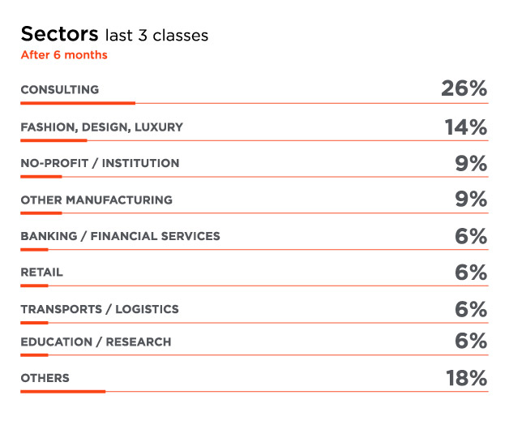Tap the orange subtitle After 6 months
click(64, 55)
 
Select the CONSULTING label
click(59, 90)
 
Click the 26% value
click(464, 89)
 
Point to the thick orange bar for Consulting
click(78, 103)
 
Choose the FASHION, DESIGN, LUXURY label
click(101, 127)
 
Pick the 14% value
click(465, 127)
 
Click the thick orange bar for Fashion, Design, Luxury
click(53, 140)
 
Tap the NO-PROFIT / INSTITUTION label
click(100, 163)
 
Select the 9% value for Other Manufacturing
click(471, 200)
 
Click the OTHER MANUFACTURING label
click(96, 200)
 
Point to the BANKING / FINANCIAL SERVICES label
click(120, 236)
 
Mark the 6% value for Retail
click(471, 273)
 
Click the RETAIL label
click(41, 273)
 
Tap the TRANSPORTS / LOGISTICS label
click(100, 309)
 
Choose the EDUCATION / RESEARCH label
click(96, 342)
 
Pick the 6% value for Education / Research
click(471, 342)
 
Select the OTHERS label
click(45, 378)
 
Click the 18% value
click(465, 378)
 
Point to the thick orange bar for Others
click(63, 391)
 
